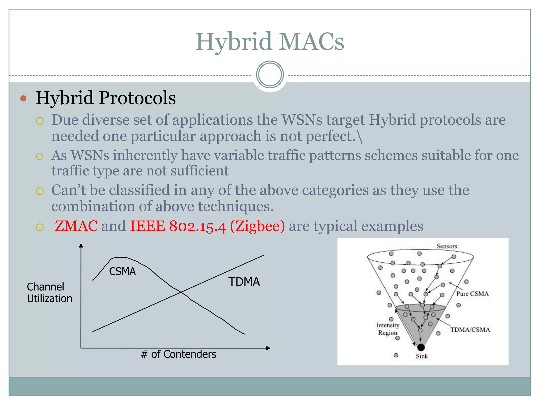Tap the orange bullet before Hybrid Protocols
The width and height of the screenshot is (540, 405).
point(23,99)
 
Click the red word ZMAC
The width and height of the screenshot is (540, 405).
point(76,226)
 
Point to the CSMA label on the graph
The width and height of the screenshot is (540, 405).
point(122,271)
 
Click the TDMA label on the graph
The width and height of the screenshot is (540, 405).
point(244,282)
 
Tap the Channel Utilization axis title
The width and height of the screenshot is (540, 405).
point(49,293)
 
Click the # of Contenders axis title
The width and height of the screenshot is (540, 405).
point(179,354)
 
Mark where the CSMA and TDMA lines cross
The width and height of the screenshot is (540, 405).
point(181,292)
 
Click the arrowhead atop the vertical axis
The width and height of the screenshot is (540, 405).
point(81,245)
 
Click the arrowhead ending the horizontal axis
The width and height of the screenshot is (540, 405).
point(268,348)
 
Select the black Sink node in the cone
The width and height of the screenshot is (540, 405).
point(421,347)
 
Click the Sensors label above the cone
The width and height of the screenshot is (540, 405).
point(446,246)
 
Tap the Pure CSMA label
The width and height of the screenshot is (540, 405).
point(472,294)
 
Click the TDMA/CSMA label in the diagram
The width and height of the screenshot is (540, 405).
point(470,330)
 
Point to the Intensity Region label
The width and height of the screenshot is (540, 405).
point(388,329)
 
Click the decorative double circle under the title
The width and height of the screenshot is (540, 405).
point(270,74)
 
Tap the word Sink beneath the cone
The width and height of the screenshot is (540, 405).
point(422,356)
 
